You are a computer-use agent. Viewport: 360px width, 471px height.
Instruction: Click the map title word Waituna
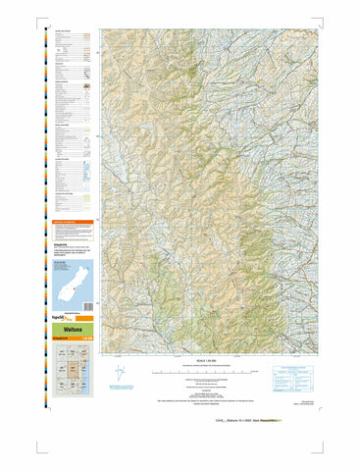(72, 332)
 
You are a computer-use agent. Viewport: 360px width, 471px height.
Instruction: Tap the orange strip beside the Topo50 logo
(85, 320)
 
